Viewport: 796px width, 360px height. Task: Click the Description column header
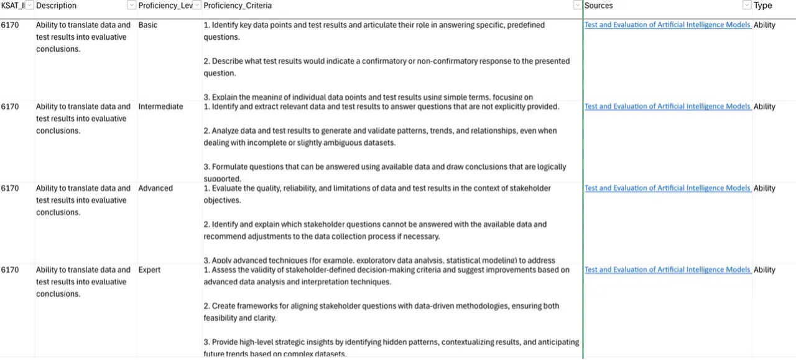click(56, 6)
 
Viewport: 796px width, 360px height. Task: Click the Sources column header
click(598, 6)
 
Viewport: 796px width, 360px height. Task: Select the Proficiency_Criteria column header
click(238, 6)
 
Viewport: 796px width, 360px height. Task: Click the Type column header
click(762, 6)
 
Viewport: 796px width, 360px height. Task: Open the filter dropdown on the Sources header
click(746, 6)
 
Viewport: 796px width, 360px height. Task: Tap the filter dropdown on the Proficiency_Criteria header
click(577, 6)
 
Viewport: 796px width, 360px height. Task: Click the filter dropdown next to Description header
click(131, 6)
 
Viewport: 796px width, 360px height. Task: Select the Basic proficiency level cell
click(148, 25)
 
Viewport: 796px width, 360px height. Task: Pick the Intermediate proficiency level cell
click(160, 107)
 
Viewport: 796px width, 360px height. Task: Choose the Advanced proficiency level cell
click(155, 188)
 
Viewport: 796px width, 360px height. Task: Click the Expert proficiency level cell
click(149, 270)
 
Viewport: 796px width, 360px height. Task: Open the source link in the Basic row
click(667, 25)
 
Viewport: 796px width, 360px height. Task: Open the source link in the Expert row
click(667, 270)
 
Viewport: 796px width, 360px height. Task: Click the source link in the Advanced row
click(667, 188)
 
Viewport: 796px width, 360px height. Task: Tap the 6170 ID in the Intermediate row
click(10, 107)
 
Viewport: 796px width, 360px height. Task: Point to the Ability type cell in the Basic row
click(764, 25)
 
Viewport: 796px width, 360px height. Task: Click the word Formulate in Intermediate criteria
click(231, 167)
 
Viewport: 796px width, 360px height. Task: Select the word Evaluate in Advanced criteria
click(229, 188)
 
